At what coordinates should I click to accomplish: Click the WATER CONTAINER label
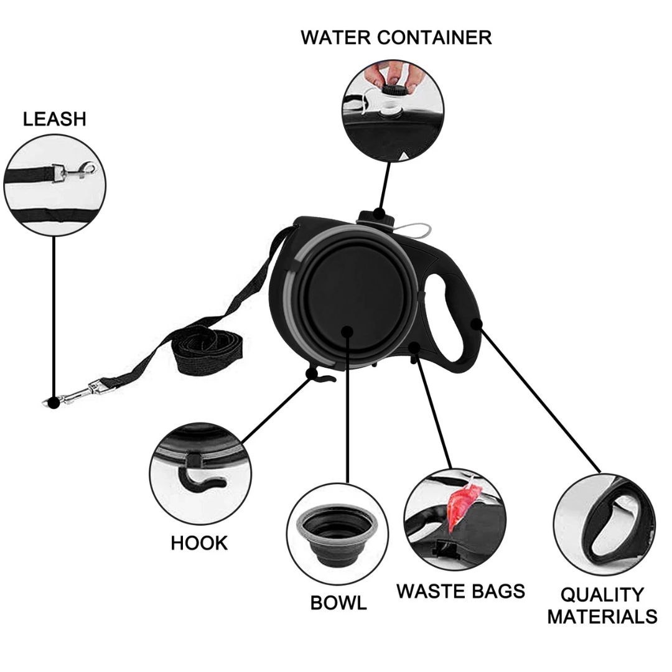(396, 37)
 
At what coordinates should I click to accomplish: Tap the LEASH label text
(54, 119)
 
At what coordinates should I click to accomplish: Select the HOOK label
(199, 543)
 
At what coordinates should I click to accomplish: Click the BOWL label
(338, 602)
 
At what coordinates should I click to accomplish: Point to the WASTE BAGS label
(460, 590)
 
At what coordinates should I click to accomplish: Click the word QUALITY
(602, 595)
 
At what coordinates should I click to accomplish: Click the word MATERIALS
(602, 617)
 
